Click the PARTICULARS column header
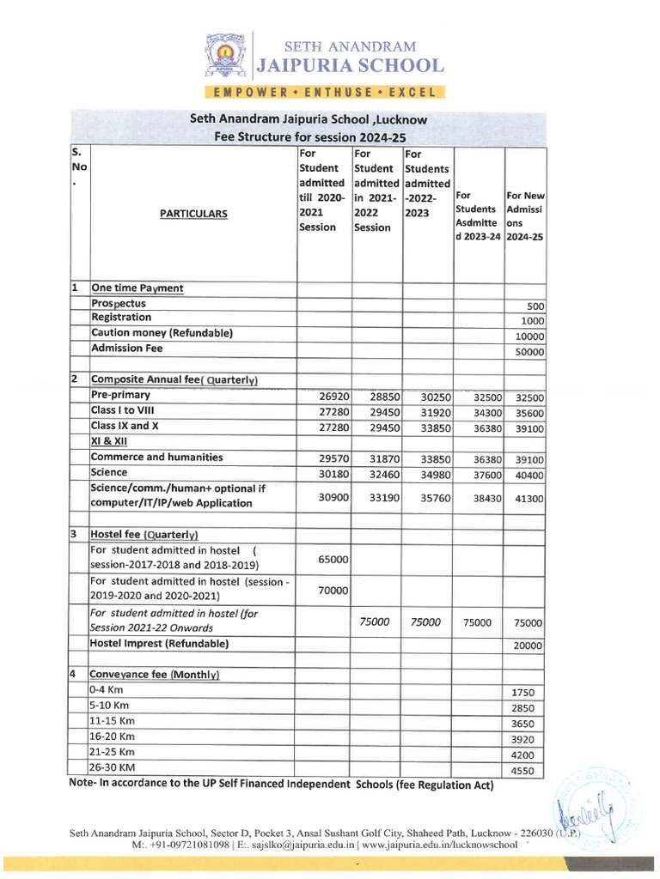click(193, 214)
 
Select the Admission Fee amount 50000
click(529, 352)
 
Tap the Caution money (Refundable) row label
click(162, 333)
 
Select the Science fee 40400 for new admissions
click(529, 475)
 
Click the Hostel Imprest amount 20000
click(529, 646)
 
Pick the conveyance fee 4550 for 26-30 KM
click(522, 772)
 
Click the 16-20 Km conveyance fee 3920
click(522, 739)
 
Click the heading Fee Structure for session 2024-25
click(309, 137)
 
